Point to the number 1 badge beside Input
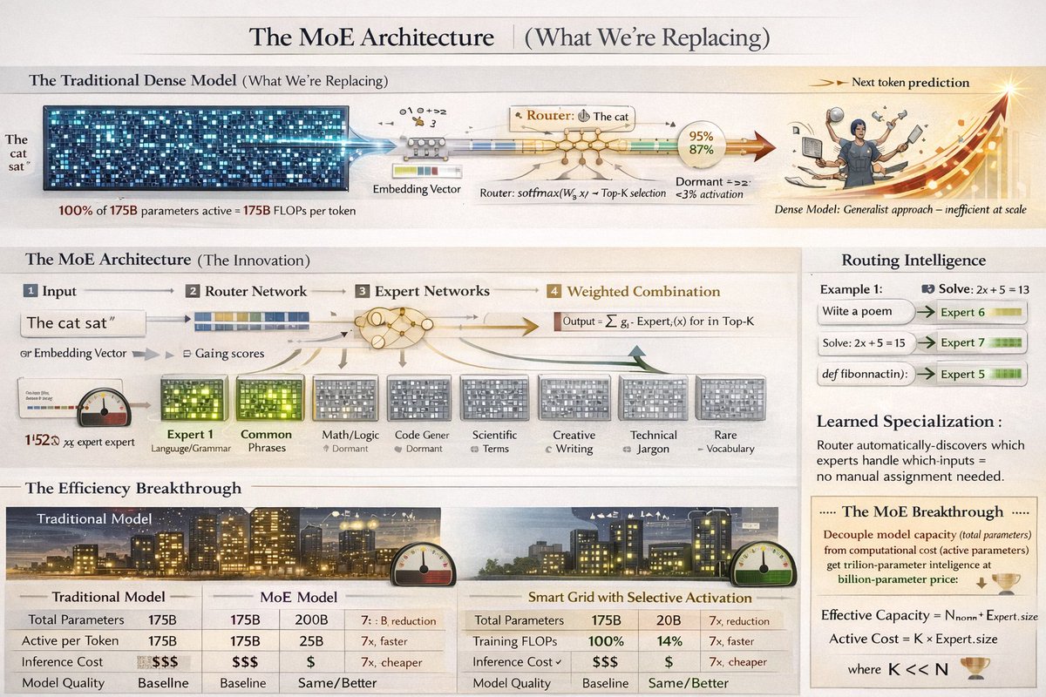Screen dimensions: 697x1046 click(31, 291)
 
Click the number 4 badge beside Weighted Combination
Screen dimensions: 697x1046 click(554, 291)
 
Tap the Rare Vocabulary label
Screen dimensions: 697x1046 click(725, 441)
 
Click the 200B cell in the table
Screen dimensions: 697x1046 click(313, 620)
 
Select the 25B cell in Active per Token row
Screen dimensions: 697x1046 click(313, 641)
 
